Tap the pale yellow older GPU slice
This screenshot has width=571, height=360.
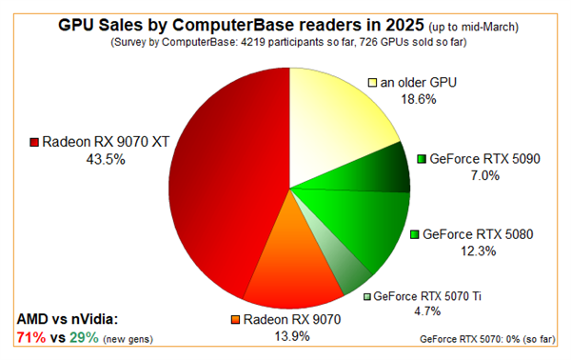click(333, 124)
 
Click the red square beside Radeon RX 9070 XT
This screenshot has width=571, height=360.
click(34, 143)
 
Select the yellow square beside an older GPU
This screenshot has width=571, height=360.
click(372, 83)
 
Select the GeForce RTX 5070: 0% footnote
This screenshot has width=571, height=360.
click(491, 339)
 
